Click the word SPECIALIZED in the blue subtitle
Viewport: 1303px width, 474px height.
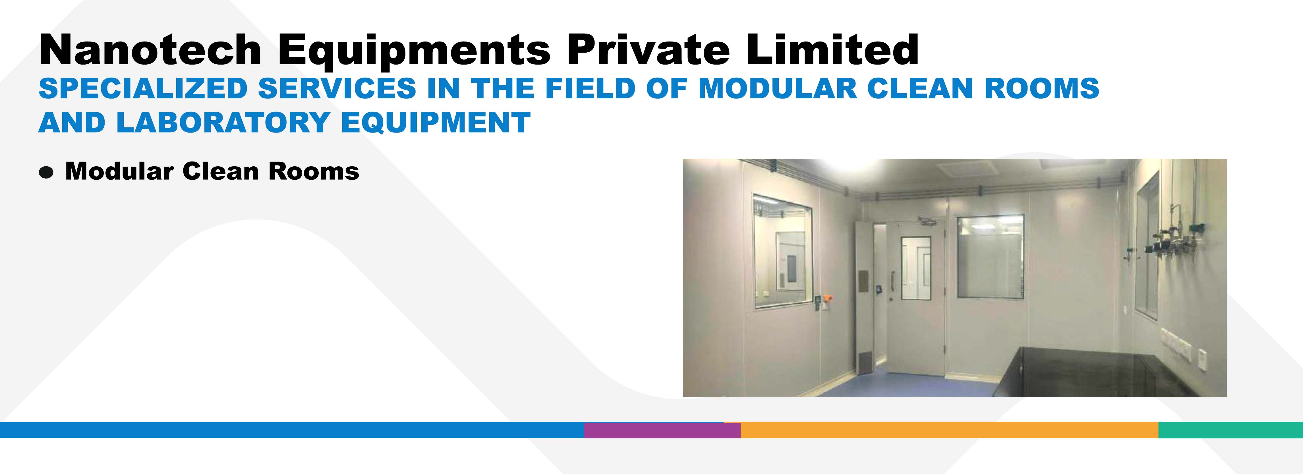[x=143, y=88]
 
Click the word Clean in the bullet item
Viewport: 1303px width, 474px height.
[x=221, y=171]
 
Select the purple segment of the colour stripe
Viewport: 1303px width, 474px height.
[x=662, y=430]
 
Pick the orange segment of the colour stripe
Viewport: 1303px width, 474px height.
[x=949, y=430]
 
